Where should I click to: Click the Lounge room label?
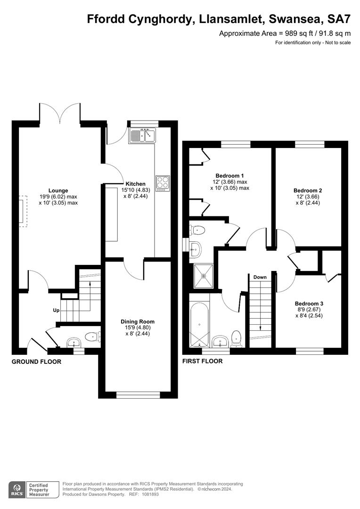tap(58, 191)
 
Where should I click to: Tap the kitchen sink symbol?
tap(142, 136)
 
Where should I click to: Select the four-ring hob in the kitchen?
tap(163, 182)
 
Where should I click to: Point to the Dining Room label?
tap(137, 322)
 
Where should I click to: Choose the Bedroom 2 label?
tap(308, 190)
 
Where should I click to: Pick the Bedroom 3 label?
tap(309, 304)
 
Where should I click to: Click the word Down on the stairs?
tap(260, 277)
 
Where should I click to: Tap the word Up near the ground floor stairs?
tap(56, 311)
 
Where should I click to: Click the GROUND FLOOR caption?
tap(36, 362)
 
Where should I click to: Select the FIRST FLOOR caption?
tap(202, 361)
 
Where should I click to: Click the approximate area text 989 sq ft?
tap(285, 33)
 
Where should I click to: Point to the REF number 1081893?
tap(148, 494)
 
